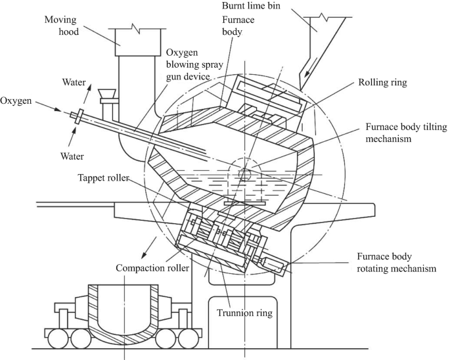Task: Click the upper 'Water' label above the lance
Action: [74, 83]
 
